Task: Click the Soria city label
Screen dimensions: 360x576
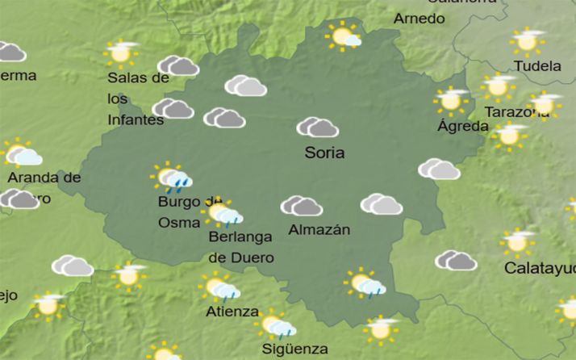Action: coord(324,153)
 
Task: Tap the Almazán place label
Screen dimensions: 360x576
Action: coord(319,229)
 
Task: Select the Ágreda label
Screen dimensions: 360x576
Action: coord(462,126)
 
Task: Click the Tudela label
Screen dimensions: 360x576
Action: coord(536,66)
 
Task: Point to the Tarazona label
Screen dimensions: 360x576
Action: coord(516,112)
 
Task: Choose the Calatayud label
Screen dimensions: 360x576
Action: coord(539,267)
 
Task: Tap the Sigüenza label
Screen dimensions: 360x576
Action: coord(294,349)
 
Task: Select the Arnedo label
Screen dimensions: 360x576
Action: coord(419,18)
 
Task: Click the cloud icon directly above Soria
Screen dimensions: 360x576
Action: coord(317,127)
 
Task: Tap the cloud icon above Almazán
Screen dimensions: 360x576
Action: coord(301,206)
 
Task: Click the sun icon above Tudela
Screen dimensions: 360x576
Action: coord(527,40)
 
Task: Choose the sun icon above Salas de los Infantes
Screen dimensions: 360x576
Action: coord(122,52)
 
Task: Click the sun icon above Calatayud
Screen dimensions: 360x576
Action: coord(517,241)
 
